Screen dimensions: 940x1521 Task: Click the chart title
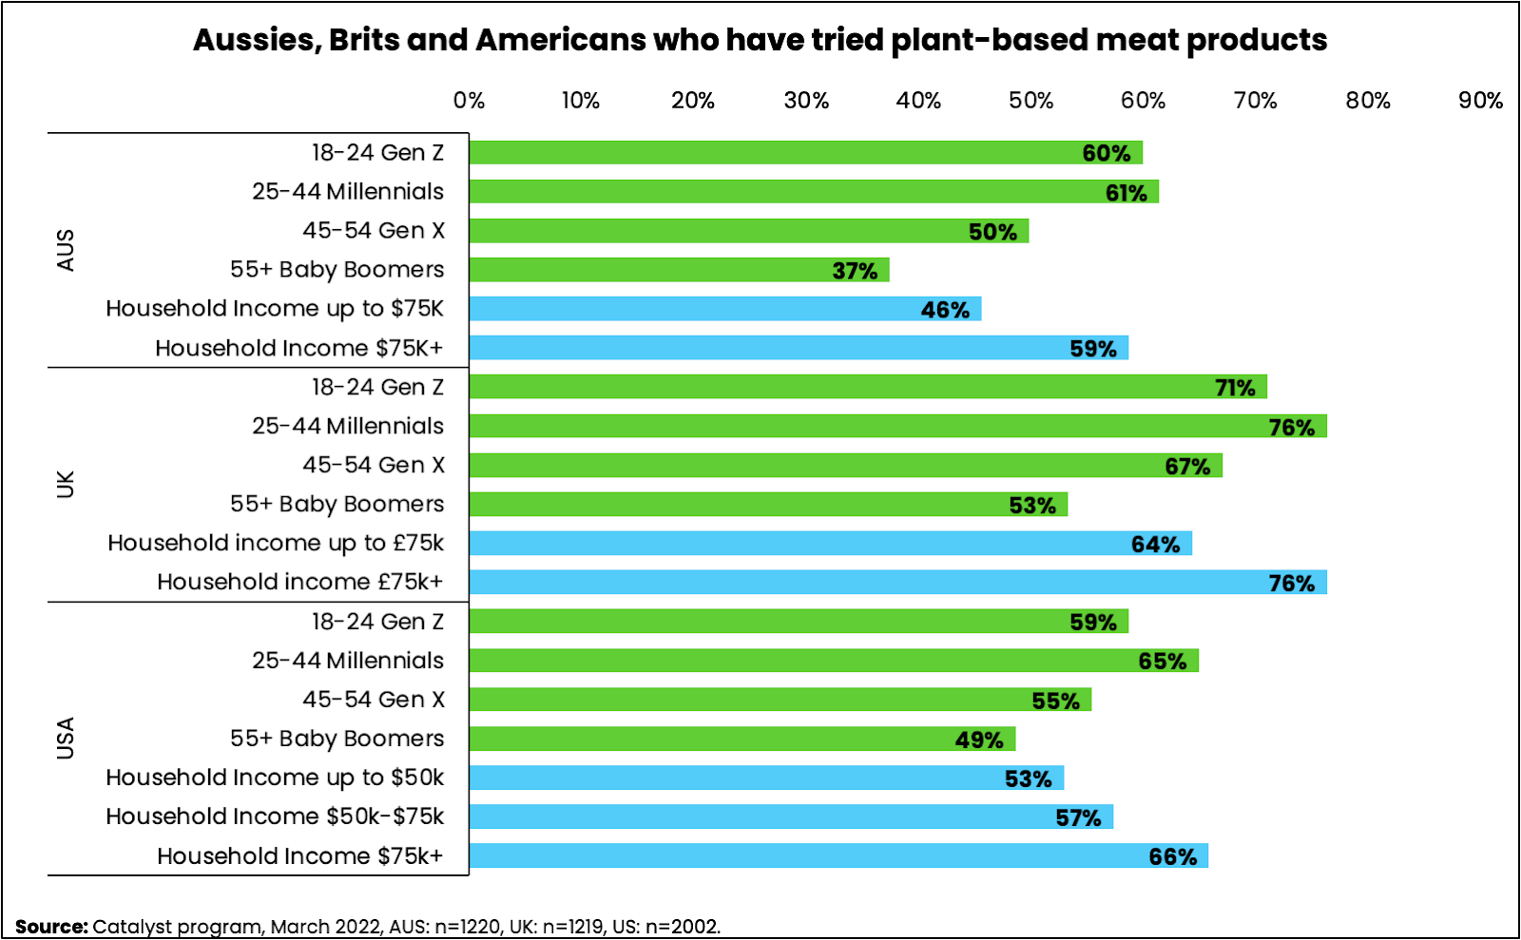pos(760,40)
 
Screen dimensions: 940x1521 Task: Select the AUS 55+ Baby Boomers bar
pos(679,270)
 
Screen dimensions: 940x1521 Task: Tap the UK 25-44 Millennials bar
pos(897,426)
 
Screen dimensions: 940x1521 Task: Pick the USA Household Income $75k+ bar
pos(838,855)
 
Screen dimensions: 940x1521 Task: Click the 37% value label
pos(855,271)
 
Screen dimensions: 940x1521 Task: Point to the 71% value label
pos(1235,388)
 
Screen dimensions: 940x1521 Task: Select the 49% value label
pos(979,739)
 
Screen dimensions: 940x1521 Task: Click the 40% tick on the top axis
pos(918,101)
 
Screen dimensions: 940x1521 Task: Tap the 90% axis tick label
pos(1480,101)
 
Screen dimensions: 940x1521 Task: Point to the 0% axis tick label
pos(469,101)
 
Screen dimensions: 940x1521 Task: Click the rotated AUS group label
pos(66,250)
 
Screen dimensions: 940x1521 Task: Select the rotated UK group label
pos(66,484)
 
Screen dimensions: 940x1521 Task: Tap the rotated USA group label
pos(66,738)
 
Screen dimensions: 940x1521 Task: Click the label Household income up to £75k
pos(276,543)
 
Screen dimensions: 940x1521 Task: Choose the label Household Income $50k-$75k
pos(275,816)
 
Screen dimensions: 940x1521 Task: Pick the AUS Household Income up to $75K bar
pos(724,309)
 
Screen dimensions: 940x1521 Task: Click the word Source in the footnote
pos(51,927)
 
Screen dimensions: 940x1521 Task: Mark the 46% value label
pos(945,310)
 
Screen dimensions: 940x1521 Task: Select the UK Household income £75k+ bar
pos(897,582)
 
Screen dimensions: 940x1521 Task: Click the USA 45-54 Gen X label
pos(374,700)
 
